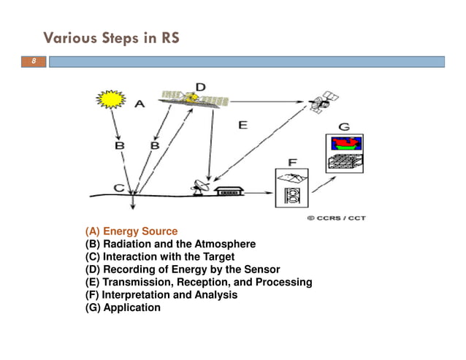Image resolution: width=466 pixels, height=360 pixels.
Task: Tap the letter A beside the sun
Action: tap(140, 104)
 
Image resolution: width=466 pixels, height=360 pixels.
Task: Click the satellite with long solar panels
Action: tap(192, 98)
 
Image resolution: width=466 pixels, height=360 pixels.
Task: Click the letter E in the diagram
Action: tap(242, 126)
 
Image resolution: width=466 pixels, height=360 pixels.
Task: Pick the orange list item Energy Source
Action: tap(131, 231)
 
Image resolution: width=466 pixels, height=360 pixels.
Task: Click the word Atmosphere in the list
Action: tap(223, 244)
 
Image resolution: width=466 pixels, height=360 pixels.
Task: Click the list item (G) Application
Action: tap(123, 307)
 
